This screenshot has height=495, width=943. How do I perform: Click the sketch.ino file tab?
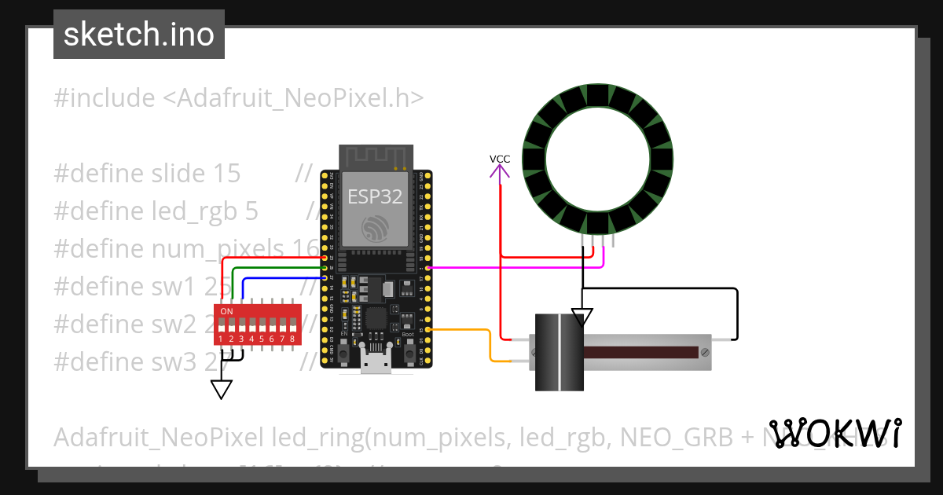(139, 35)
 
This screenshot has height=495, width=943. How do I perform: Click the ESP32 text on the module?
(375, 196)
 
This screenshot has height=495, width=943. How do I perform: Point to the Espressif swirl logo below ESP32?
(375, 229)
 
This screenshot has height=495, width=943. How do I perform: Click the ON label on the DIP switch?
(226, 311)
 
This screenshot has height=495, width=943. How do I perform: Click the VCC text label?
(500, 159)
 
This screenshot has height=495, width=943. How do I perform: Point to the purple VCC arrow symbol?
(500, 171)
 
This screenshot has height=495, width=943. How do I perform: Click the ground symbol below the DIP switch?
(222, 389)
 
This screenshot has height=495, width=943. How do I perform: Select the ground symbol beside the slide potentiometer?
(582, 317)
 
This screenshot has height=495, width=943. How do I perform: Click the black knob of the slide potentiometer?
(559, 352)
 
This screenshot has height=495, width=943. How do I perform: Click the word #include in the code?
(104, 98)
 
